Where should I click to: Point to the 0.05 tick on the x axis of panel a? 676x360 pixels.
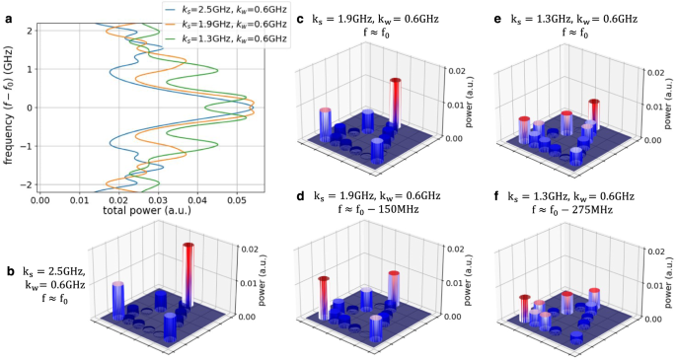(x=233, y=197)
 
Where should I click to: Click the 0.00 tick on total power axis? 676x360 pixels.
(x=40, y=197)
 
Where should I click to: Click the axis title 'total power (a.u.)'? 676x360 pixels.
(x=146, y=210)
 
